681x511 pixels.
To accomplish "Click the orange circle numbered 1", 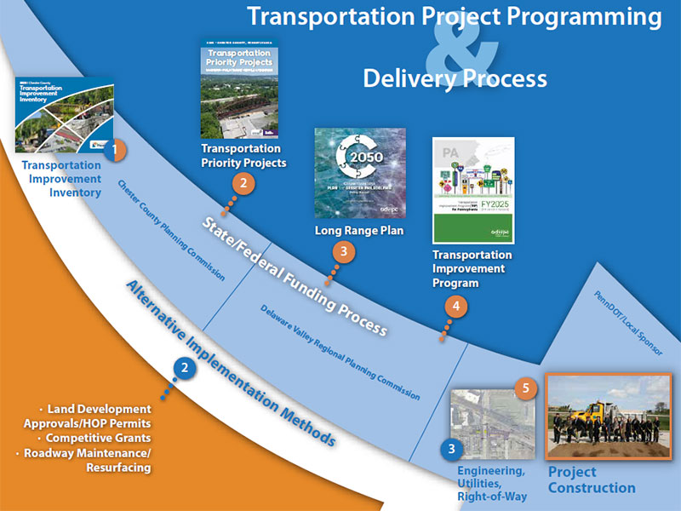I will point(117,151).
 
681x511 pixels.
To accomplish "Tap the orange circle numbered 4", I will point(455,307).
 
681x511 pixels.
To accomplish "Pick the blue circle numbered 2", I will point(184,368).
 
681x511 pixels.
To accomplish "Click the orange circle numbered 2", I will point(243,182).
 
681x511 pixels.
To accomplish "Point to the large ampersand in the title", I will point(464,51).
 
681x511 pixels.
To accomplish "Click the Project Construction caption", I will point(591,479).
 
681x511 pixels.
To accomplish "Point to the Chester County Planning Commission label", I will point(170,230).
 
